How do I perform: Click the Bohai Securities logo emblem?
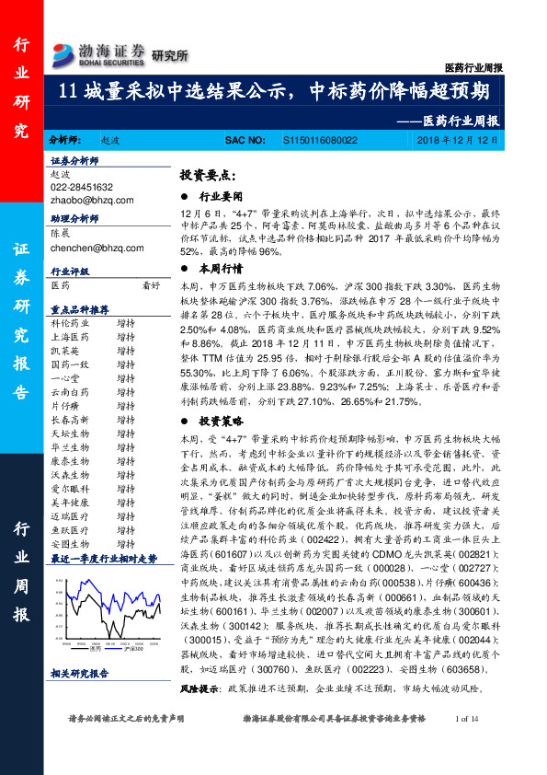click(x=65, y=52)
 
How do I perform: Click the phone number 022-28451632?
click(x=82, y=186)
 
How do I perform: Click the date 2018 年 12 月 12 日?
click(x=456, y=139)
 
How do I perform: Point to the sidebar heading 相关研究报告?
click(x=79, y=674)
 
